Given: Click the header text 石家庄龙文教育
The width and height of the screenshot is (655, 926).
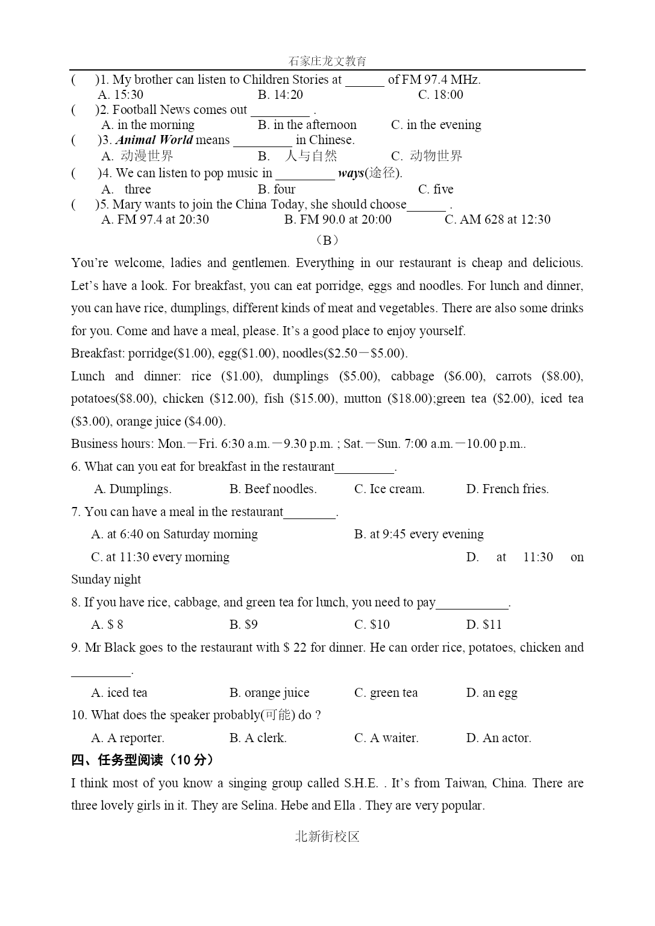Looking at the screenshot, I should coord(327,61).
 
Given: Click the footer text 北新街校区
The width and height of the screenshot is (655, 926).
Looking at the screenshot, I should coord(327,836).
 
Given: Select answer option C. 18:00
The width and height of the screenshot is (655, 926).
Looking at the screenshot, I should coord(440,95).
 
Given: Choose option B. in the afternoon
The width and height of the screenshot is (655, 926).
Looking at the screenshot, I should coord(307,125).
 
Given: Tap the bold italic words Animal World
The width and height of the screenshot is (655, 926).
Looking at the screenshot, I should coord(154,140).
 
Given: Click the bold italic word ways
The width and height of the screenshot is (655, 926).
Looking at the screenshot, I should coord(351,174).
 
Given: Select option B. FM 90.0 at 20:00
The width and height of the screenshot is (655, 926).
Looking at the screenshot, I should coord(337,219).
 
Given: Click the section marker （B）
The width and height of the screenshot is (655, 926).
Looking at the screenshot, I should coord(327,240).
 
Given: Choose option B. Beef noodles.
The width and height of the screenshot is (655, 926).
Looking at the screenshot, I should coord(273,489).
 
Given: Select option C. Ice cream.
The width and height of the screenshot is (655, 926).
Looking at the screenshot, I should coord(389,489).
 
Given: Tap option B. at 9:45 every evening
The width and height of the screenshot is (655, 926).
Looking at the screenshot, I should coord(419,534).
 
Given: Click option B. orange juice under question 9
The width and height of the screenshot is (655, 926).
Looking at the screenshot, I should coord(269,693).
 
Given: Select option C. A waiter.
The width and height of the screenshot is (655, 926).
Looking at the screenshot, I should coord(386,738).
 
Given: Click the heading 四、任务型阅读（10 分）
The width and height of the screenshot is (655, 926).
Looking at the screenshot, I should coord(142,760).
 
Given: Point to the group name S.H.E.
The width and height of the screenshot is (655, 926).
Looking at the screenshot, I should coord(361,783).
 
